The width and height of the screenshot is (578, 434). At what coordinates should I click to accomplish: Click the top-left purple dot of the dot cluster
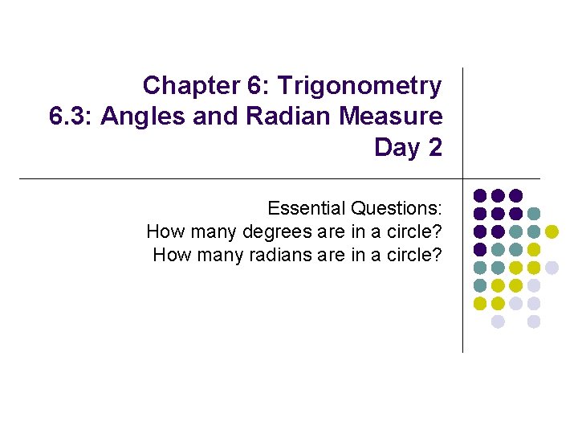pyautogui.click(x=480, y=195)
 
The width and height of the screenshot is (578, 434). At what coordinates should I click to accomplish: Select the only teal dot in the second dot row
pyautogui.click(x=534, y=214)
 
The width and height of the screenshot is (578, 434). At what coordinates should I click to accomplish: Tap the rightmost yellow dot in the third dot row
pyautogui.click(x=552, y=231)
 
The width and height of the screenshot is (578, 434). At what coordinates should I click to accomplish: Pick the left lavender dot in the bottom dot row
pyautogui.click(x=498, y=321)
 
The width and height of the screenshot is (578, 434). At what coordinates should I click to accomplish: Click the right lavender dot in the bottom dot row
pyautogui.click(x=534, y=321)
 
